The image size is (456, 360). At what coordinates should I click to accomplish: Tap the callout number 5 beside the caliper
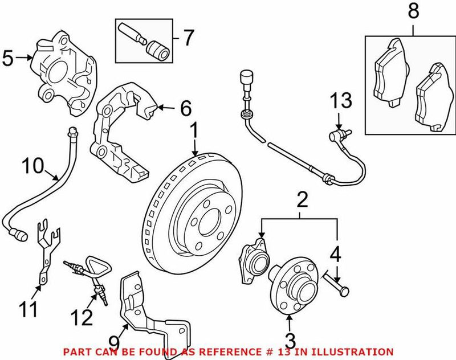[x=8, y=58]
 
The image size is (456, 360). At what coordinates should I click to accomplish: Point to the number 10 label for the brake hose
[x=34, y=166]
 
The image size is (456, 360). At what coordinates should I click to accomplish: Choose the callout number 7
[x=188, y=38]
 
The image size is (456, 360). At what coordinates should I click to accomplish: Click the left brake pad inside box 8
[x=390, y=73]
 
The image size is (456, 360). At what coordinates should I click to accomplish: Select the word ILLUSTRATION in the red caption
[x=359, y=352]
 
